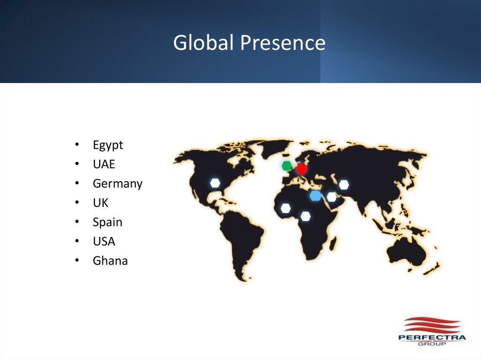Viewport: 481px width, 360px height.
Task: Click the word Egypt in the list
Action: pyautogui.click(x=108, y=146)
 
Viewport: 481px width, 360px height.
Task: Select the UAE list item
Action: pyautogui.click(x=104, y=165)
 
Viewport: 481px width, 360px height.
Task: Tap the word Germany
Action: pyautogui.click(x=117, y=184)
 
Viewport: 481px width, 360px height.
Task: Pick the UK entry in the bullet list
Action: pyautogui.click(x=101, y=203)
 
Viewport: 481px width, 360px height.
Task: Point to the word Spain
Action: pyautogui.click(x=108, y=222)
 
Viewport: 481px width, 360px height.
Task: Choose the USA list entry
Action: pyautogui.click(x=104, y=242)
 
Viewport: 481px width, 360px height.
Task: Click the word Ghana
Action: pyautogui.click(x=110, y=261)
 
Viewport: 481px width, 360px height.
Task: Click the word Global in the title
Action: pyautogui.click(x=203, y=43)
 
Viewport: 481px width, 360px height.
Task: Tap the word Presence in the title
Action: pyautogui.click(x=283, y=43)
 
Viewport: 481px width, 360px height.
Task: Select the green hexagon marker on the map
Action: pyautogui.click(x=287, y=166)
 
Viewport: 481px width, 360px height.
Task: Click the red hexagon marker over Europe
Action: pyautogui.click(x=301, y=169)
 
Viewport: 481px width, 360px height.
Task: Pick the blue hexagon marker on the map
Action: pyautogui.click(x=316, y=195)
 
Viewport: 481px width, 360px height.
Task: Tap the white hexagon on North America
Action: pyautogui.click(x=215, y=183)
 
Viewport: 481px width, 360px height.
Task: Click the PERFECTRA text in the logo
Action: pyautogui.click(x=431, y=337)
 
